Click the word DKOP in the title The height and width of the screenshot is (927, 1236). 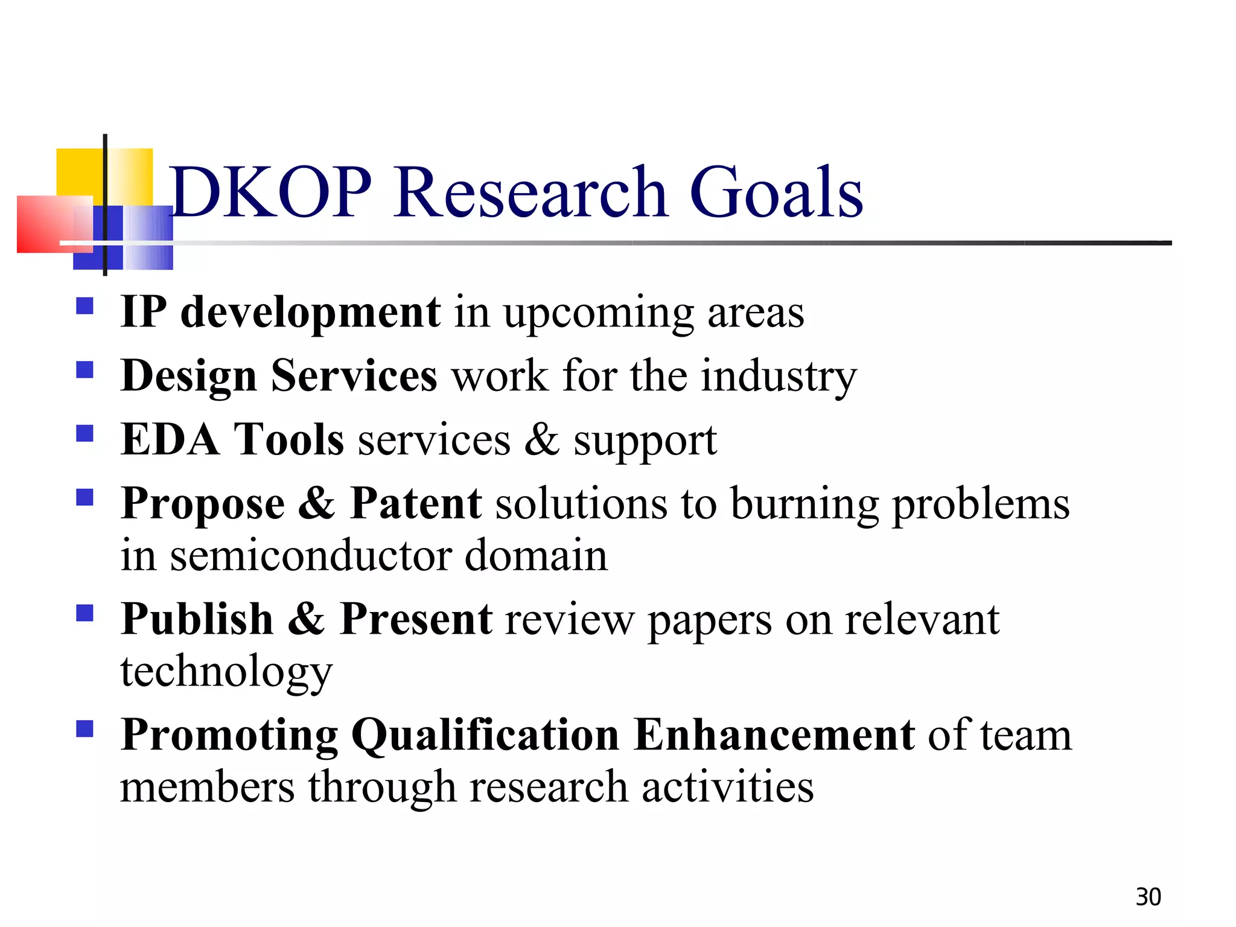click(x=271, y=192)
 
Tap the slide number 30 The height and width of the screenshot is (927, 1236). click(x=1148, y=897)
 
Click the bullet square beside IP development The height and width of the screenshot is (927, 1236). click(x=85, y=306)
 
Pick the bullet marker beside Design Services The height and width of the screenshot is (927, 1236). click(x=85, y=369)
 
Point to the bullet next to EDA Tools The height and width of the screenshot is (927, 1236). click(x=85, y=433)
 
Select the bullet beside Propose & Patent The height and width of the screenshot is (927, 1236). click(x=85, y=497)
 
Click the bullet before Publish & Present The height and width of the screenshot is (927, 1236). click(x=85, y=613)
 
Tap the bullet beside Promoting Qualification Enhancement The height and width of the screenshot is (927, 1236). click(x=85, y=729)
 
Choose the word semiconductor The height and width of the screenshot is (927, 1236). click(x=310, y=555)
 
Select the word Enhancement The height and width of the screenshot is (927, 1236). click(x=775, y=735)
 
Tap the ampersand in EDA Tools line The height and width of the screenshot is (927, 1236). click(x=541, y=439)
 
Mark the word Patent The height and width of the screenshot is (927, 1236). click(x=416, y=503)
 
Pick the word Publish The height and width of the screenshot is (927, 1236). click(x=197, y=620)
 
